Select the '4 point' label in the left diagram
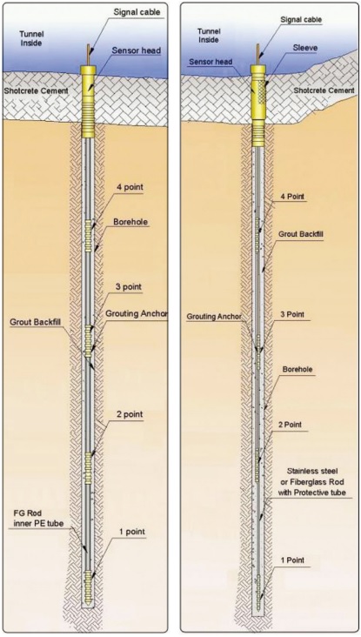coord(129,187)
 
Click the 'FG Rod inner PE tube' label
coord(37,519)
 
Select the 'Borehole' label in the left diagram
coord(130,222)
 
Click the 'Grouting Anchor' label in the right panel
coord(214,317)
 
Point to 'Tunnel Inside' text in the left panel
coord(31,38)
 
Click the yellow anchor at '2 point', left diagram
coord(88,468)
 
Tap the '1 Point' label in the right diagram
coord(293,560)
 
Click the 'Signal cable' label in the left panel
coord(136,12)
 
